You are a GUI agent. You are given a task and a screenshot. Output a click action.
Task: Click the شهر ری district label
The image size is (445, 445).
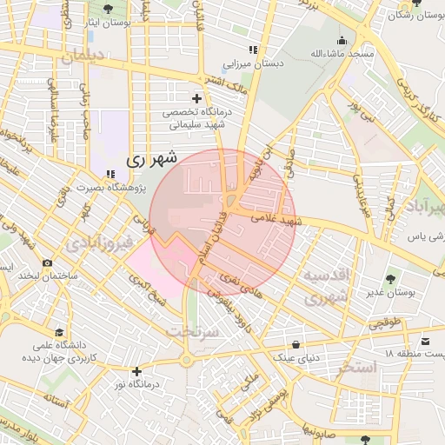(x=151, y=159)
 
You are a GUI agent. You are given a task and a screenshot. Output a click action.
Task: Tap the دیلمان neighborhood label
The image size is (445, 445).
(x=83, y=56)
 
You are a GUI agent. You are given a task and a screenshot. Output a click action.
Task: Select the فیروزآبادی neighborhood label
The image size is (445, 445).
(x=103, y=240)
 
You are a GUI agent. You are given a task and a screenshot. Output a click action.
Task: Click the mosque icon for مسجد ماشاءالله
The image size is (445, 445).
(x=342, y=40)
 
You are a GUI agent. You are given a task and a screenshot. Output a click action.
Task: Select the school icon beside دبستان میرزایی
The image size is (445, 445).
(x=253, y=50)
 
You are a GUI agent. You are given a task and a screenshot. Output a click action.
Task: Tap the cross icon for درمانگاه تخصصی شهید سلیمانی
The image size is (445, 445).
(x=196, y=98)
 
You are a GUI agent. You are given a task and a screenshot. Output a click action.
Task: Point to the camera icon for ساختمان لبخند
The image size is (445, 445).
(x=47, y=262)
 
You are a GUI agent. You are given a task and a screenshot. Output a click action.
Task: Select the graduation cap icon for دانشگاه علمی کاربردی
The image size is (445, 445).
(x=59, y=332)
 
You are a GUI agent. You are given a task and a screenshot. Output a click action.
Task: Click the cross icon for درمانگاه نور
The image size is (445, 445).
(x=136, y=371)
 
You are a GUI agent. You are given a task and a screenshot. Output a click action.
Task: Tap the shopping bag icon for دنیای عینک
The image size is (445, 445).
(x=297, y=344)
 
